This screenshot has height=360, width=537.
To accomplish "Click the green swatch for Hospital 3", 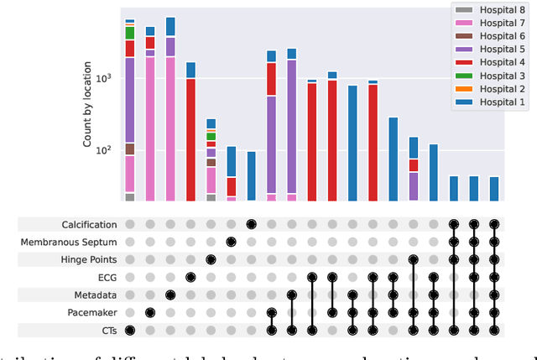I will click(462, 76).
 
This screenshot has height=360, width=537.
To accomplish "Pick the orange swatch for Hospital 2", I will click(462, 89).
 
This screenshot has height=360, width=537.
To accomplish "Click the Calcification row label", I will click(89, 224).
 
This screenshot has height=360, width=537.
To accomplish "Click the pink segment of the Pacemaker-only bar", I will click(150, 126).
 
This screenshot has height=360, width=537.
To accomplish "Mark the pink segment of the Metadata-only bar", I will click(170, 126).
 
